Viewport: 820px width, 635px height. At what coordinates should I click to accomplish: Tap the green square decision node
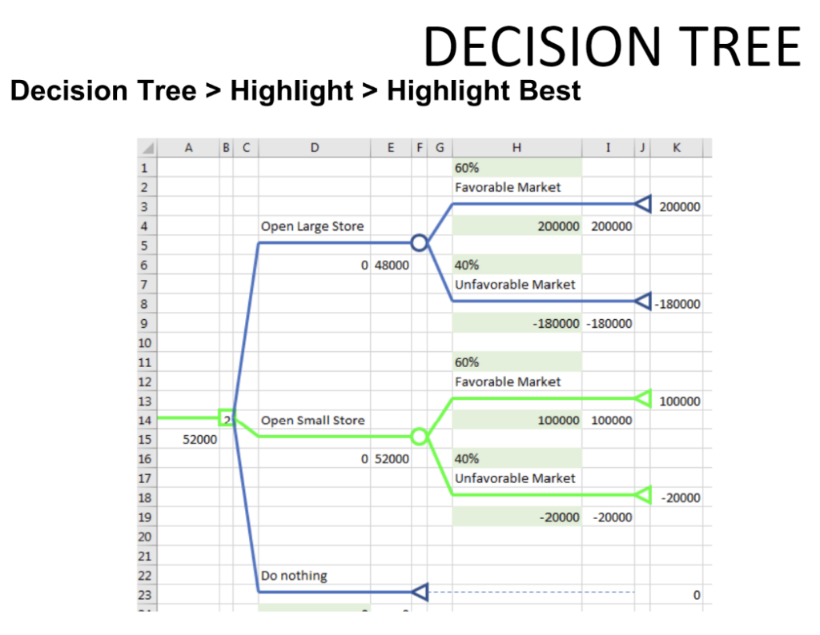click(220, 417)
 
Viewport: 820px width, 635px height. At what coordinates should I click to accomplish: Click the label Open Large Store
click(312, 226)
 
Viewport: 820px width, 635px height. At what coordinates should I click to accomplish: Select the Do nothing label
click(294, 576)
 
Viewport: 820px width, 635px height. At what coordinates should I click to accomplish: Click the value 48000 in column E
click(392, 266)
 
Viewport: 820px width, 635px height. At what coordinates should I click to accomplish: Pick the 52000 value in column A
click(199, 440)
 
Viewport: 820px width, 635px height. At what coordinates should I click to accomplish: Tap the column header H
click(517, 148)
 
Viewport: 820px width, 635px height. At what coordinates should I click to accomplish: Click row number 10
click(145, 343)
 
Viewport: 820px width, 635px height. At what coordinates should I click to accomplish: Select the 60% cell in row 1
click(467, 168)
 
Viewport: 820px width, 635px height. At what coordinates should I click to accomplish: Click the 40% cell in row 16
click(467, 459)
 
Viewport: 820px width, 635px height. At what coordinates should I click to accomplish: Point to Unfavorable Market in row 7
click(515, 285)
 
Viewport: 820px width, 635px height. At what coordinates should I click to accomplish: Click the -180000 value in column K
click(677, 305)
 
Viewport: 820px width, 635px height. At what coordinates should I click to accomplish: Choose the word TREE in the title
click(739, 46)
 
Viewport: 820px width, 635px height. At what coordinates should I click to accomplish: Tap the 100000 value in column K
click(680, 401)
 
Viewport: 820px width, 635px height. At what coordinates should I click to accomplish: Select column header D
click(314, 148)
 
